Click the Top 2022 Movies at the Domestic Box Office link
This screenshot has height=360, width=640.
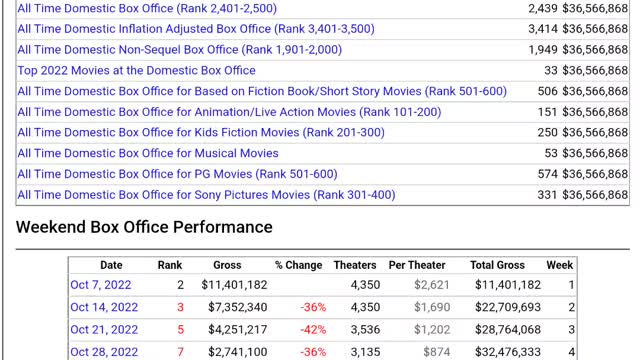coord(136,70)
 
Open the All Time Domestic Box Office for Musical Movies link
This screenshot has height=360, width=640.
coord(148,153)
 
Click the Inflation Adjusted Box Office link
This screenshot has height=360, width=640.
coord(196,29)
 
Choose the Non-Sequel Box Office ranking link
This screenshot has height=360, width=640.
coord(183,49)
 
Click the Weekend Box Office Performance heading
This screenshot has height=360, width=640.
coord(144,227)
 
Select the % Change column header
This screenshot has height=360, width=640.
coord(299,265)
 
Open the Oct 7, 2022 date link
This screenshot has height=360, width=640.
coord(100,285)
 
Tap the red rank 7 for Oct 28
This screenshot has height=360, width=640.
coord(180,351)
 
